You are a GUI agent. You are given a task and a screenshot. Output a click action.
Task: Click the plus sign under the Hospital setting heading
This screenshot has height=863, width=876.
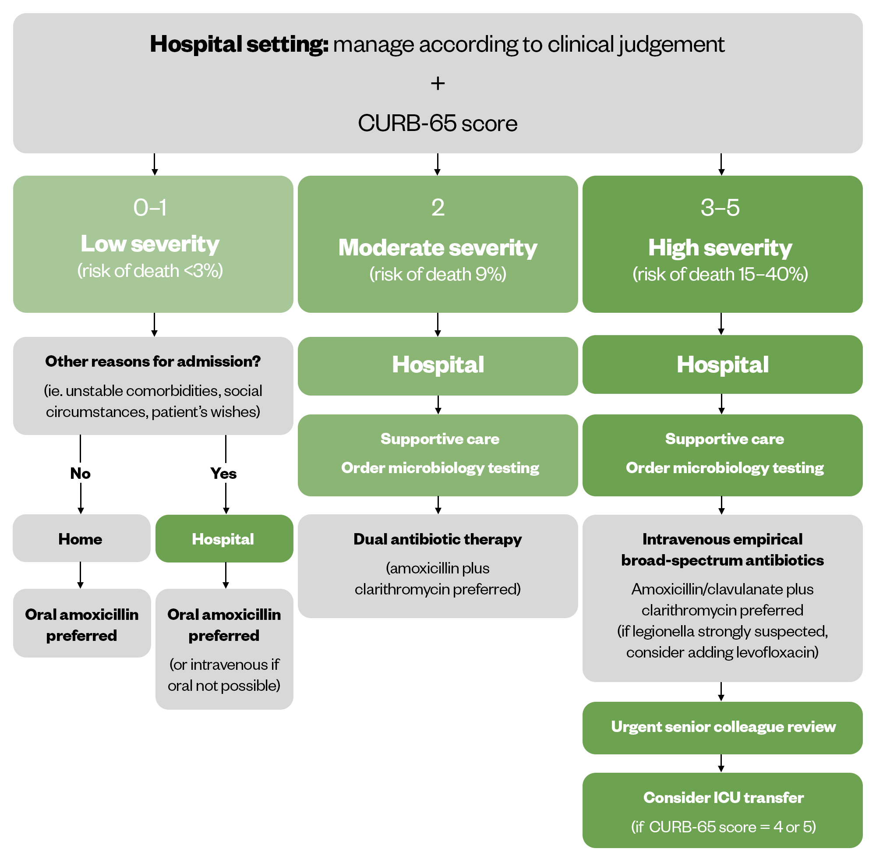click(437, 83)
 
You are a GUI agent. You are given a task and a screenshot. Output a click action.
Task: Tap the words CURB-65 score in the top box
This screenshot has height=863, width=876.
click(437, 123)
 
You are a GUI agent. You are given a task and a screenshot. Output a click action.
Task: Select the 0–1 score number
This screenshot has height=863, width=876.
click(150, 208)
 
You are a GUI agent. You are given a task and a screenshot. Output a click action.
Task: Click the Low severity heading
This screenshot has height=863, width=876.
click(150, 244)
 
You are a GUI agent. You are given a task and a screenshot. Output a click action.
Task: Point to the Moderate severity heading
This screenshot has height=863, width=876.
click(437, 248)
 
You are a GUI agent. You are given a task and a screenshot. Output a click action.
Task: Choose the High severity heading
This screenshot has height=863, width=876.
click(720, 248)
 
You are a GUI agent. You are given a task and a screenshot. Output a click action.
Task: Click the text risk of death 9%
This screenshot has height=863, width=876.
click(437, 274)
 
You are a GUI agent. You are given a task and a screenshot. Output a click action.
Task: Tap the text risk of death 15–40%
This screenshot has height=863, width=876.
click(720, 274)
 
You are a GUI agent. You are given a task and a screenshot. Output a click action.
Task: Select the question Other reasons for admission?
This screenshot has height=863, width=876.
click(153, 361)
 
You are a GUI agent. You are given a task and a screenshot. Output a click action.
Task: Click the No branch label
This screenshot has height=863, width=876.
click(80, 473)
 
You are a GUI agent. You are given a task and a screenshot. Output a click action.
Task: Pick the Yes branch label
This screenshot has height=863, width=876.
click(223, 473)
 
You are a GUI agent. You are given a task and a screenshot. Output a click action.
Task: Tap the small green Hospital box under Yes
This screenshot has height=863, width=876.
click(224, 538)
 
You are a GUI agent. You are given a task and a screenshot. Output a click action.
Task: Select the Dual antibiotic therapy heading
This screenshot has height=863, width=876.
click(437, 539)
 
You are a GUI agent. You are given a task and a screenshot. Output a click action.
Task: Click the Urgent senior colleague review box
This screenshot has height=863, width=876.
click(722, 727)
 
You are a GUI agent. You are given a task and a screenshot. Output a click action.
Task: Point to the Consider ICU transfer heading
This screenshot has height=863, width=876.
click(723, 797)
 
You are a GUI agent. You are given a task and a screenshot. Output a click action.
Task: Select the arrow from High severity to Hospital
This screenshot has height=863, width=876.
click(721, 324)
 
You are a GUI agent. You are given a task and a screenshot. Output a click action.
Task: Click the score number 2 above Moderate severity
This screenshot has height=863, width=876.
click(438, 208)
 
